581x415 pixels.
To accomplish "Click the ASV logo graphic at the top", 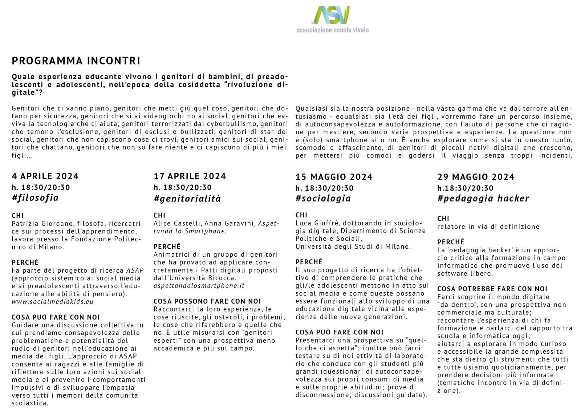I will (331, 15).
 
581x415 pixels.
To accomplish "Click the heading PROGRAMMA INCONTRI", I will (76, 61).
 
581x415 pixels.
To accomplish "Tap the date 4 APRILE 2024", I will (45, 176).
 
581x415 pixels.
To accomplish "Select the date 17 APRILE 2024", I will (190, 176).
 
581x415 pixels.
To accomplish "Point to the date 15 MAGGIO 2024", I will (334, 177).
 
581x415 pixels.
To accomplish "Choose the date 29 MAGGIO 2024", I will (476, 177).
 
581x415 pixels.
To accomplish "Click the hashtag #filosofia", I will (35, 198).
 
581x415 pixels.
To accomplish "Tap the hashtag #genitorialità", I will (187, 199).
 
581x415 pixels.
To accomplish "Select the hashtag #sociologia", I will (323, 198).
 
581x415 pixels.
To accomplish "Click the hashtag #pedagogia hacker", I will (483, 198).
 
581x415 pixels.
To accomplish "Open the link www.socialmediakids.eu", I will (52, 302).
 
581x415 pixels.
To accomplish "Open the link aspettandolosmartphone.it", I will (199, 286).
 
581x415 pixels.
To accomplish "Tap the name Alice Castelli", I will (177, 224).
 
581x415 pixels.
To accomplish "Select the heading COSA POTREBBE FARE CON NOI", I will (492, 289).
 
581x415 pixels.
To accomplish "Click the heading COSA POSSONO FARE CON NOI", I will (207, 301).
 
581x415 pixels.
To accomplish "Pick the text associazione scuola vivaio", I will (332, 30).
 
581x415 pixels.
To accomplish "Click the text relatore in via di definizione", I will (488, 227).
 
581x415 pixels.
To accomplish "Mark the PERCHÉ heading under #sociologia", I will (309, 262).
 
